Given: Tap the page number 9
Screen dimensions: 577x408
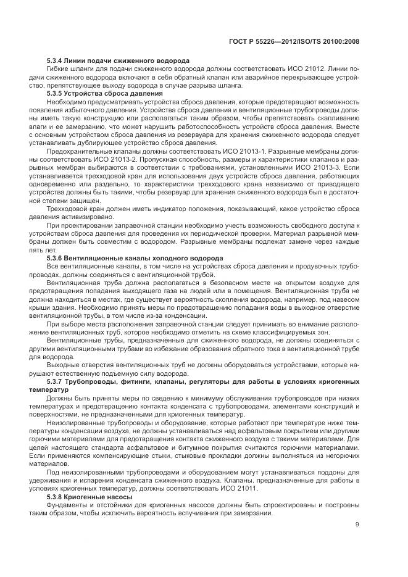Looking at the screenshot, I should [357, 525].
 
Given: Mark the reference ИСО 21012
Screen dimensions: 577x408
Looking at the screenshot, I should [299, 69].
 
